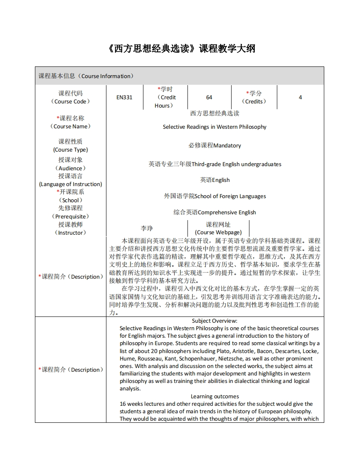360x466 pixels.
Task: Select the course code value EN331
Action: click(124, 97)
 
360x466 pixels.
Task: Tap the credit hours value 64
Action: click(209, 97)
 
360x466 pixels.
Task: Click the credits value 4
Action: click(300, 97)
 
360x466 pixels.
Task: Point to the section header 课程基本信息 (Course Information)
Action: click(86, 76)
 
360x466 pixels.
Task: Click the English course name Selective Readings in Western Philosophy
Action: click(215, 127)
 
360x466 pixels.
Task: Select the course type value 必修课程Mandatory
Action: click(215, 145)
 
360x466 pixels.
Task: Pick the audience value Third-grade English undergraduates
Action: click(215, 164)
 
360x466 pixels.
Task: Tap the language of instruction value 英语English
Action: click(215, 180)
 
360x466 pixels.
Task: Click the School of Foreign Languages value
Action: click(215, 196)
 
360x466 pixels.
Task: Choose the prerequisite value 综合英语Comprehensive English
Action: click(215, 212)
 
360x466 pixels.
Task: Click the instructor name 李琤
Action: click(146, 228)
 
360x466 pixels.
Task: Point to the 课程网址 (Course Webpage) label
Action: click(218, 228)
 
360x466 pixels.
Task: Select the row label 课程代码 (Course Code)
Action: click(70, 97)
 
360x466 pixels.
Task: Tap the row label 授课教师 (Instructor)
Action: click(70, 228)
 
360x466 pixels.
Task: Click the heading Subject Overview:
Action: click(215, 321)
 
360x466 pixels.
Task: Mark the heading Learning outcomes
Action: click(215, 396)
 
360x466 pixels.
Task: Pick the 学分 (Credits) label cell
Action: click(254, 97)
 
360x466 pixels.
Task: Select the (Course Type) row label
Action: click(70, 150)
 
